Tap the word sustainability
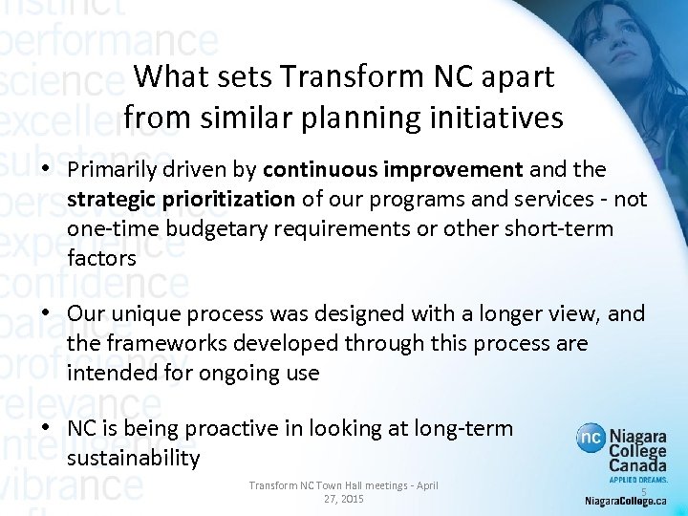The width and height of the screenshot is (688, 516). coord(134,460)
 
